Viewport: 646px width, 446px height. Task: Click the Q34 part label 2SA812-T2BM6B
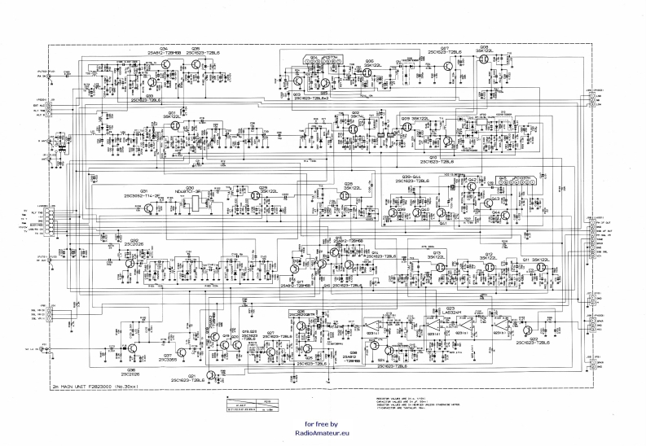pyautogui.click(x=164, y=54)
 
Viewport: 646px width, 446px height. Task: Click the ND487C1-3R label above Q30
pyautogui.click(x=188, y=191)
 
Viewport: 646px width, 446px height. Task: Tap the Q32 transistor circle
pyautogui.click(x=130, y=263)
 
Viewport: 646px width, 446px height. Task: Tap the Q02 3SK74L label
pyautogui.click(x=356, y=115)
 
